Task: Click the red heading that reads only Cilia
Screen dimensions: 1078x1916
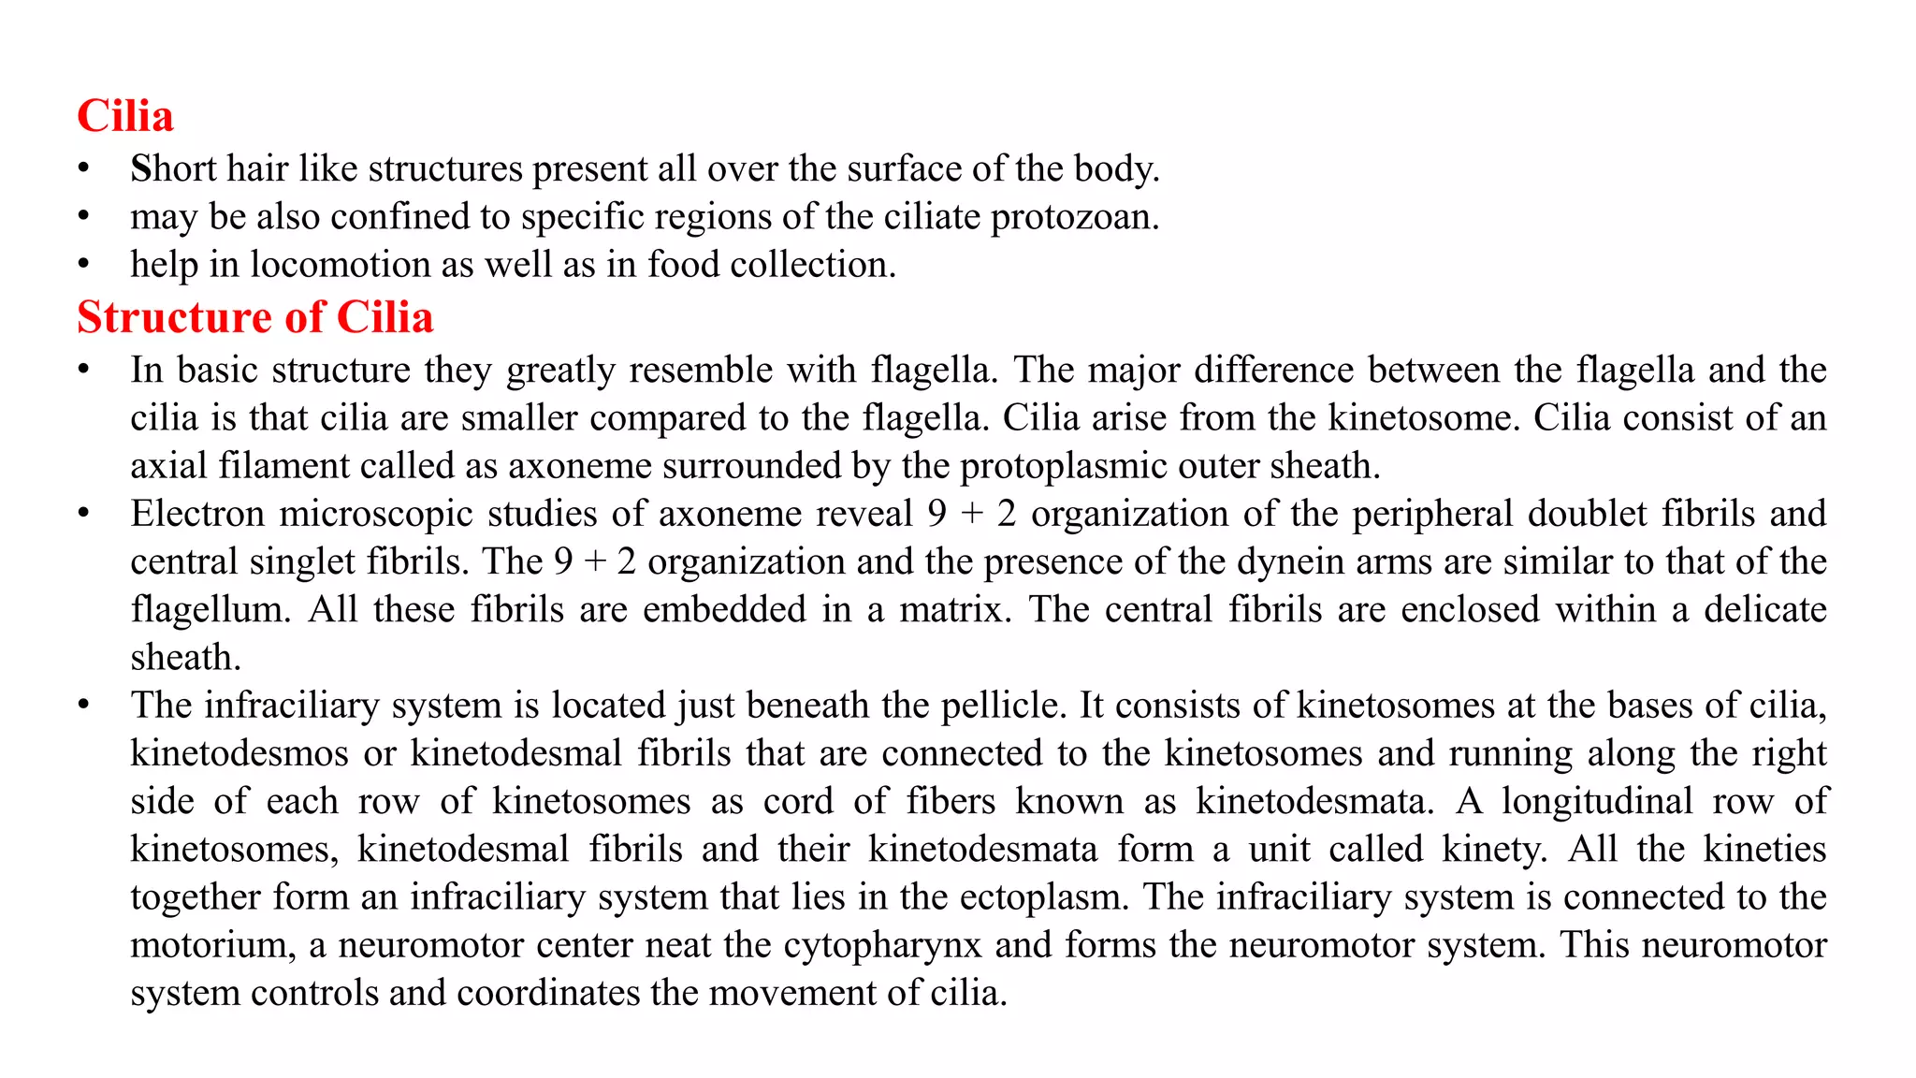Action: [125, 116]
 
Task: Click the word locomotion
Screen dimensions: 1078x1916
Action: [340, 265]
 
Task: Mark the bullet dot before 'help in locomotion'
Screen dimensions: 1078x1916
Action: [84, 265]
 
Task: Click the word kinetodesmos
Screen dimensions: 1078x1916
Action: [240, 753]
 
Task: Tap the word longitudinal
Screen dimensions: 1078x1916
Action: [1597, 801]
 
